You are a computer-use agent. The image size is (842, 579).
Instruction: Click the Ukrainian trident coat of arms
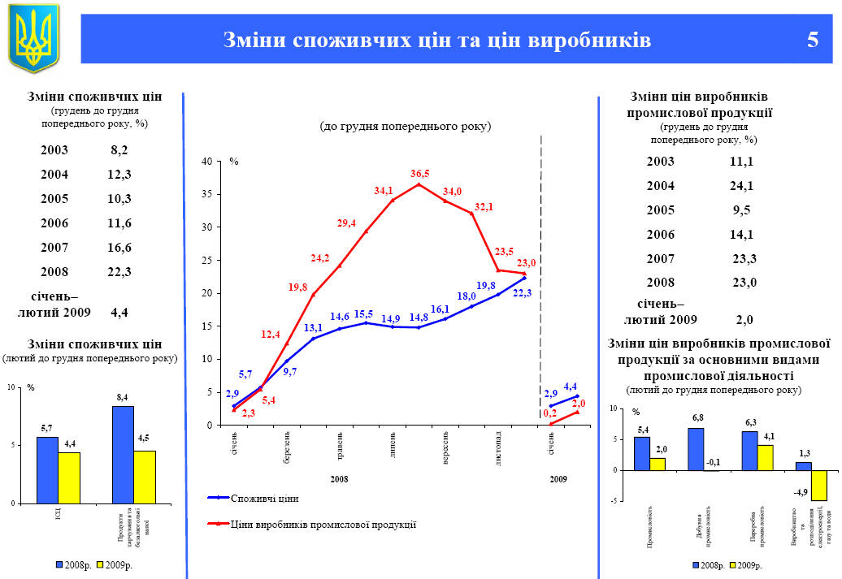pos(34,37)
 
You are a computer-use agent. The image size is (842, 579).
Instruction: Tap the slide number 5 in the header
pos(812,40)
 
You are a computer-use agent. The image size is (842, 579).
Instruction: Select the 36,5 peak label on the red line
pos(420,174)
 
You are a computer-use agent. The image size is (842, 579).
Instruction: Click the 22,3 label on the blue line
pos(523,292)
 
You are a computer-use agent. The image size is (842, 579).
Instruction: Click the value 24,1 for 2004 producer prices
pos(741,185)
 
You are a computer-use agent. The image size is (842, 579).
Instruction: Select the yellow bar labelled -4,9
pos(818,485)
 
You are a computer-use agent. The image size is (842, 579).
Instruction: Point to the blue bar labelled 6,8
pos(696,449)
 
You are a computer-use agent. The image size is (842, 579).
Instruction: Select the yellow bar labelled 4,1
pos(766,457)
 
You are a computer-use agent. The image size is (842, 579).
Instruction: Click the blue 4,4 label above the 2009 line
pos(570,386)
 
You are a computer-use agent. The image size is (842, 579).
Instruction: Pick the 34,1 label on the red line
pos(383,191)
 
